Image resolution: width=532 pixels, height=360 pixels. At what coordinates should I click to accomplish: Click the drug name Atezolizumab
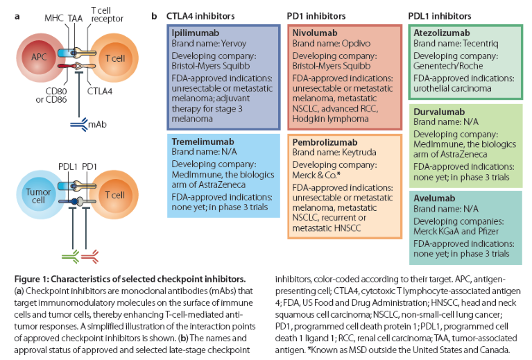(441, 33)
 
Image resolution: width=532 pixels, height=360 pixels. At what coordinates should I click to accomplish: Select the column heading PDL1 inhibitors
(442, 15)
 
